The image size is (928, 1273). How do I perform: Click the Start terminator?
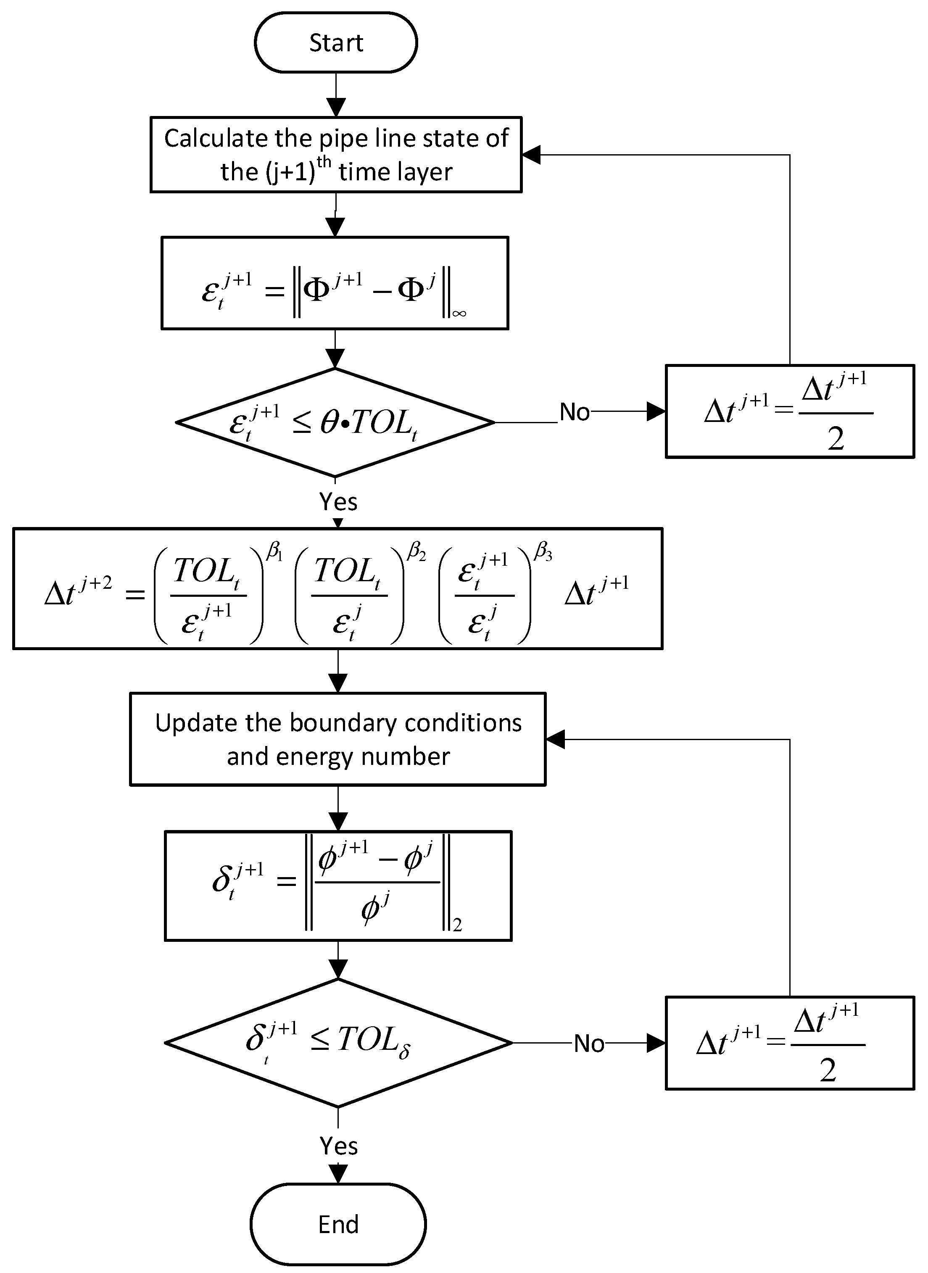click(335, 43)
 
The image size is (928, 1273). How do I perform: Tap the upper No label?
click(574, 412)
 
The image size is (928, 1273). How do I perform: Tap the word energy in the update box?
click(314, 757)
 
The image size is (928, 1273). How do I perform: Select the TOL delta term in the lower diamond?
click(374, 1041)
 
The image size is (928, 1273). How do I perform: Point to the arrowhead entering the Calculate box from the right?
click(531, 155)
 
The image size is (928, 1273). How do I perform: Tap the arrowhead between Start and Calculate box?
click(335, 107)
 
